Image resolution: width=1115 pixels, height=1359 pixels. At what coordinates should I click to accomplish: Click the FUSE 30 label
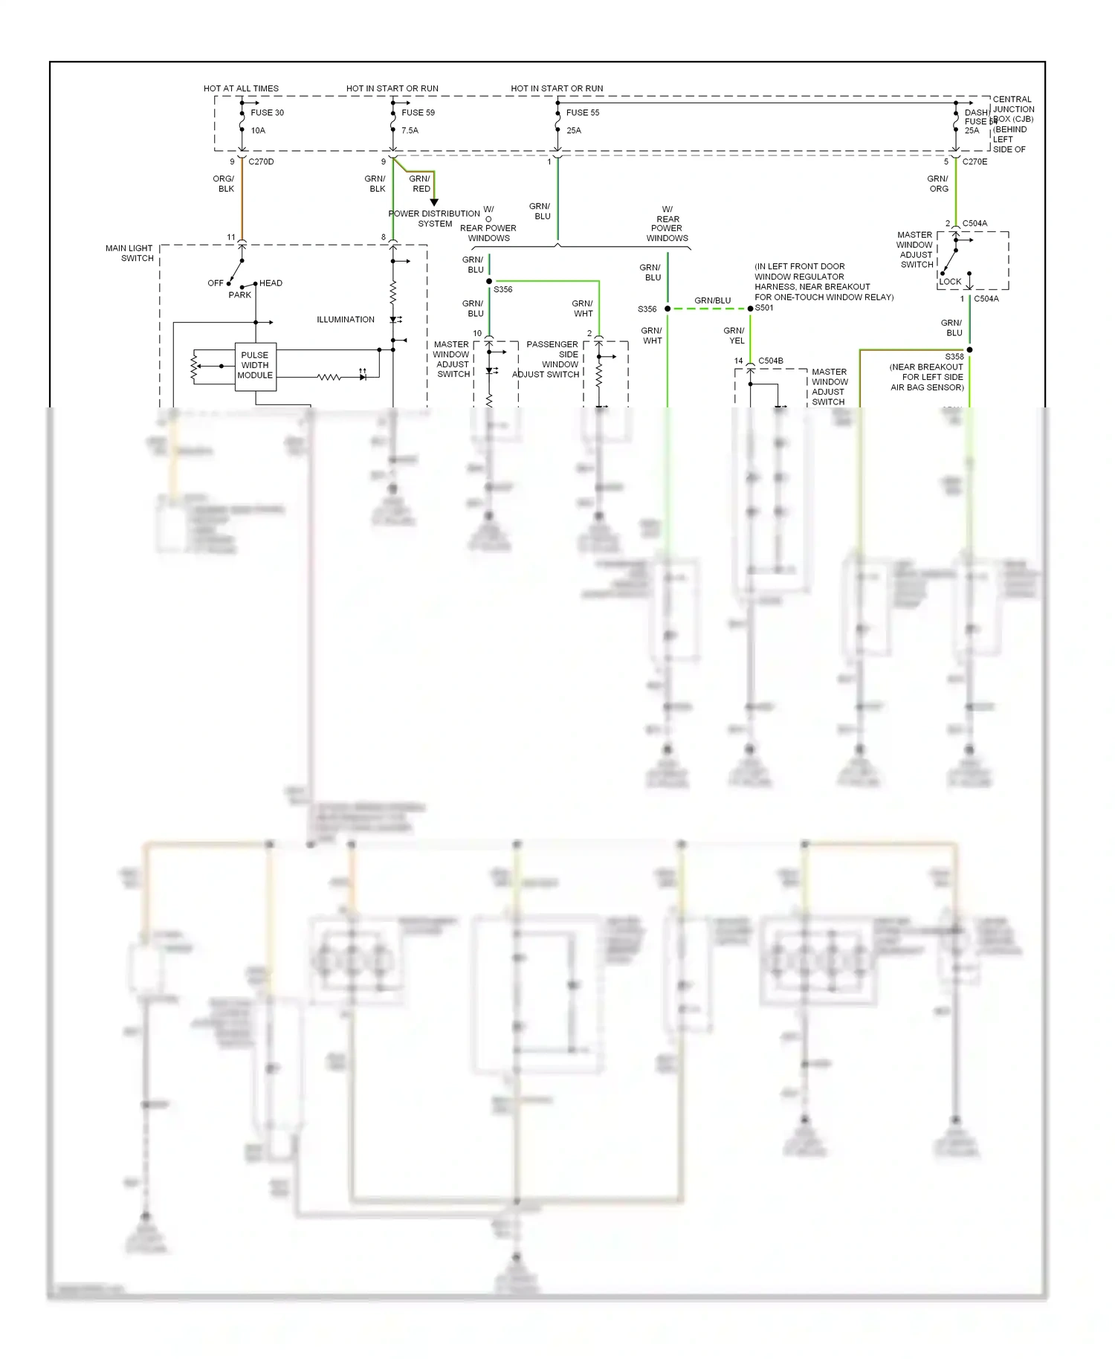tap(267, 113)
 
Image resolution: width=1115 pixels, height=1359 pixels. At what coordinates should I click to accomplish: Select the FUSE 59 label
tap(418, 113)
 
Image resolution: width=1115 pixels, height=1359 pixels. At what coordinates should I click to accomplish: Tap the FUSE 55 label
tap(582, 113)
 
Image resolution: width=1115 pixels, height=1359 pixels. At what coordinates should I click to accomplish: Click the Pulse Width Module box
tap(255, 366)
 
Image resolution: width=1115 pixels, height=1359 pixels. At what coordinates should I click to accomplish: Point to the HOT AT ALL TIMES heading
tap(241, 88)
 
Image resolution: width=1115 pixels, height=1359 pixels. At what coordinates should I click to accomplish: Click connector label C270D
tap(261, 162)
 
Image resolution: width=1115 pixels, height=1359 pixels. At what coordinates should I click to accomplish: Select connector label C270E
tap(975, 162)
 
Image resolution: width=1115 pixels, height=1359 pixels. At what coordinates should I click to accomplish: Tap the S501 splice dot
tap(750, 309)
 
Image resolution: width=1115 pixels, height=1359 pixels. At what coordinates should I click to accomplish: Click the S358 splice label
tap(954, 357)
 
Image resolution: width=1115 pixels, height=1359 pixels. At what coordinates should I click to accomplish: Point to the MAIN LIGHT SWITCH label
tap(129, 254)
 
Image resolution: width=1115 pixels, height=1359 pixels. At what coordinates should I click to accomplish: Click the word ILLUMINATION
tap(346, 320)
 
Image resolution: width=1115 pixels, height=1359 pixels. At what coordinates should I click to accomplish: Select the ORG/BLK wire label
tap(224, 184)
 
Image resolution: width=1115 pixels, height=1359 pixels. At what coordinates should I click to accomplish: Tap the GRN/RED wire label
tap(420, 184)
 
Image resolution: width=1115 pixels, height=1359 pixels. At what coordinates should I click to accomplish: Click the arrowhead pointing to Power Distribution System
tap(434, 201)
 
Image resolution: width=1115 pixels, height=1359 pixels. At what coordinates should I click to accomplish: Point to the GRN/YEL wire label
tap(734, 335)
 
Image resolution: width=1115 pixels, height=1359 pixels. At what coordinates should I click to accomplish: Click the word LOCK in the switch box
tap(950, 282)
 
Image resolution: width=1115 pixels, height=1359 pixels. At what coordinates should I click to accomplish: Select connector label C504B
tap(770, 361)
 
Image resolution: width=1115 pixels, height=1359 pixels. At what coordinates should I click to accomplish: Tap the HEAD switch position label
tap(271, 283)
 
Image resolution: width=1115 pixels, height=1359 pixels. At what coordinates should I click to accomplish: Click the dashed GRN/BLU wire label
tap(712, 301)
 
